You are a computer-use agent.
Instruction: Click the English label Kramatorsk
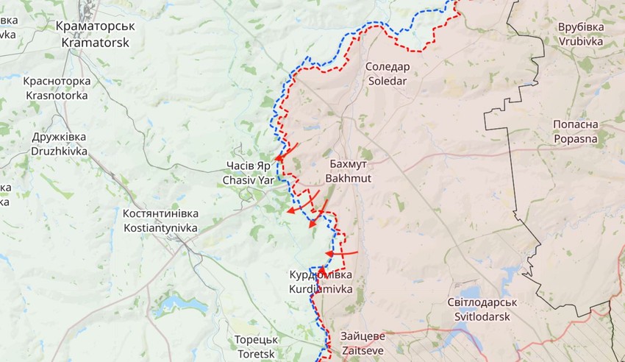pyautogui.click(x=95, y=43)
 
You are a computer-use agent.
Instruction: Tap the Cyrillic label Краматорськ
pyautogui.click(x=95, y=26)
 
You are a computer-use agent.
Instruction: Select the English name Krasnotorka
pyautogui.click(x=57, y=95)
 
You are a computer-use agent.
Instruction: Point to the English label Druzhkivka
pyautogui.click(x=60, y=151)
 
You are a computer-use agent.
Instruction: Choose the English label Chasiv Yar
pyautogui.click(x=247, y=180)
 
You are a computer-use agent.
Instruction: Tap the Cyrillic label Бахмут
pyautogui.click(x=349, y=164)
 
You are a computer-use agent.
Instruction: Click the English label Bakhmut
pyautogui.click(x=349, y=178)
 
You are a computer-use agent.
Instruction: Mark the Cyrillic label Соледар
pyautogui.click(x=387, y=66)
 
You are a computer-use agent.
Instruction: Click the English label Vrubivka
pyautogui.click(x=581, y=41)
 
